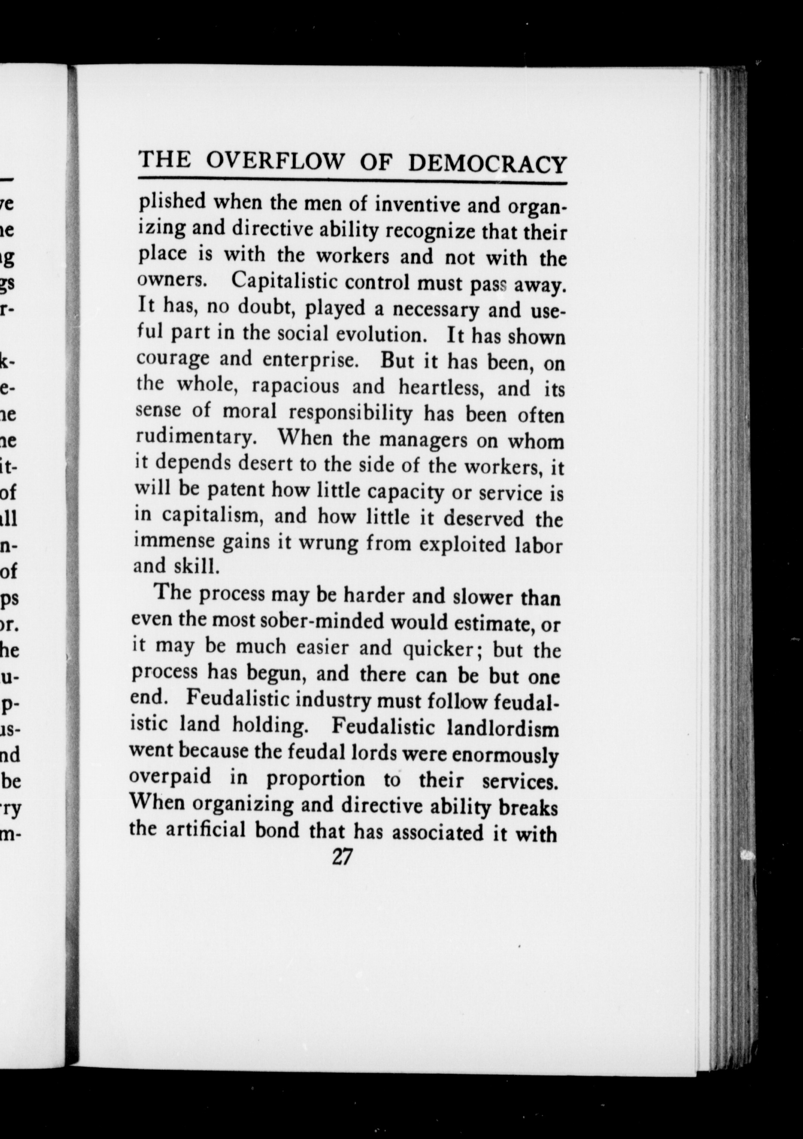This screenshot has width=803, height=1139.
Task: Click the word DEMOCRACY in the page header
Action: pyautogui.click(x=487, y=163)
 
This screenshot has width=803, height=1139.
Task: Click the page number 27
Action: pyautogui.click(x=342, y=857)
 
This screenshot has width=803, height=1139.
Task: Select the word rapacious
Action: pyautogui.click(x=295, y=386)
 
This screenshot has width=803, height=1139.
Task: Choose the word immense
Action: pyautogui.click(x=174, y=540)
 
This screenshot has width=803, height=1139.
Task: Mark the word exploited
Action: pyautogui.click(x=462, y=545)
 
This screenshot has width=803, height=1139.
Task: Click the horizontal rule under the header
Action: pyautogui.click(x=352, y=181)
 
